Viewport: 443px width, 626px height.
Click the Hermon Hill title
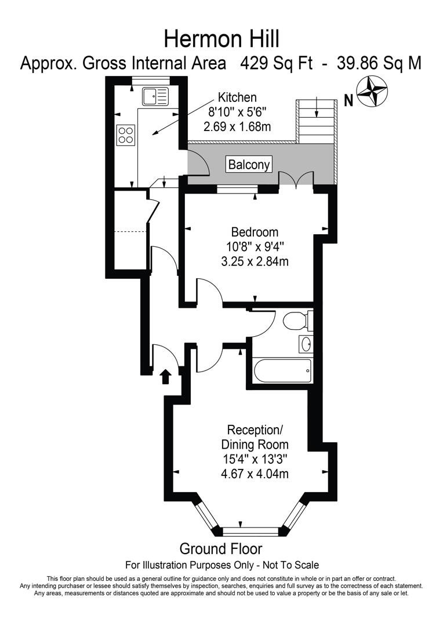[x=221, y=39]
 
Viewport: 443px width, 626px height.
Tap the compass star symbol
[x=372, y=92]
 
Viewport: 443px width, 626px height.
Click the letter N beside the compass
[x=348, y=101]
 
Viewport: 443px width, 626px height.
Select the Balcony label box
[x=249, y=165]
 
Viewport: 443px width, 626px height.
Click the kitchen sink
[x=154, y=96]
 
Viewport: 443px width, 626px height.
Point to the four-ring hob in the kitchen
[x=126, y=135]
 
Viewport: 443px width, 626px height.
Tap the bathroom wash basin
[x=306, y=344]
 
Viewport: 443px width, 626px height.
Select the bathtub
[x=282, y=370]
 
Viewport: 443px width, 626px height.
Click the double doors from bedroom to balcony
[x=296, y=180]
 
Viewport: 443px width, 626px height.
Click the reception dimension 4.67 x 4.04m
[x=255, y=474]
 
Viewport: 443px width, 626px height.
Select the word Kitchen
[x=237, y=97]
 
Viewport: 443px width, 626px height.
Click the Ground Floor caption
[x=221, y=548]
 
